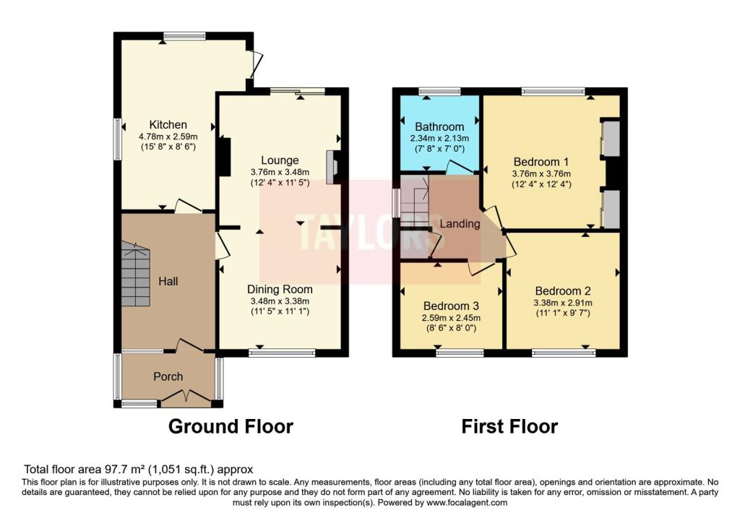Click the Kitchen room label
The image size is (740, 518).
[x=168, y=125]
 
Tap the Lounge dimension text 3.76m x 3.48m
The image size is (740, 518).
[x=280, y=172]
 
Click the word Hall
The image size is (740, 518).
[x=168, y=281]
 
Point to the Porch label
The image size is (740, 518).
[x=168, y=376]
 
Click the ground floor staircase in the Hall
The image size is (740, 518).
[x=136, y=275]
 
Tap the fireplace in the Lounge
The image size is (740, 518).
[x=333, y=167]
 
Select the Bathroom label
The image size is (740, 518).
[x=440, y=126]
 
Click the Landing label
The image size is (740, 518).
[x=460, y=224]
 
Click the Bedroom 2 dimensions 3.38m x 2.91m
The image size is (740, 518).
[x=562, y=303]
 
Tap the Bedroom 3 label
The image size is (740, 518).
[x=452, y=305]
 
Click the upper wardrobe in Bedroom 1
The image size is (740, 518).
[x=611, y=139]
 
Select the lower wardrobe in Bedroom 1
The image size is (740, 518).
[x=611, y=210]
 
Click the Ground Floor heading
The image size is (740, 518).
[x=231, y=426]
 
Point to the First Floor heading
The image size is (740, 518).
[x=509, y=426]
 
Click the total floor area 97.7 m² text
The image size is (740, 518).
[x=139, y=469]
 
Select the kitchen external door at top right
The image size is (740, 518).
[x=255, y=65]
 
